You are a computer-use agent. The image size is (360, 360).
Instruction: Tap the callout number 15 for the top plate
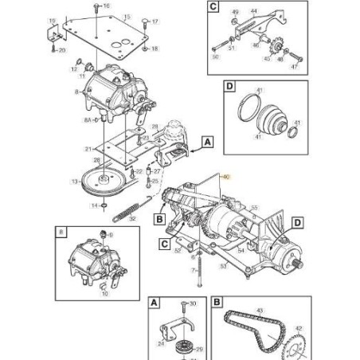127,16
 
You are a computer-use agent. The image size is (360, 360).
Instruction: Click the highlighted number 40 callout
225,178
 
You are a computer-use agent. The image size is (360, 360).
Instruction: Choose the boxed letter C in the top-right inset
213,8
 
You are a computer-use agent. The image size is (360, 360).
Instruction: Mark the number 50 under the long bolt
215,56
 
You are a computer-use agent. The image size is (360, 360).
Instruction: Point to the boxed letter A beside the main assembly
207,142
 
